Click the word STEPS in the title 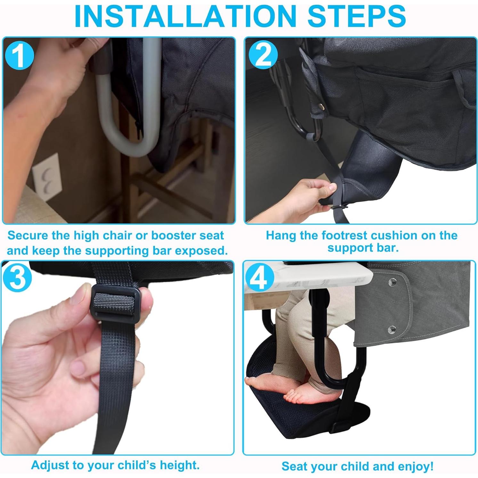356,16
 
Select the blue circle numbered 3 18,278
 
